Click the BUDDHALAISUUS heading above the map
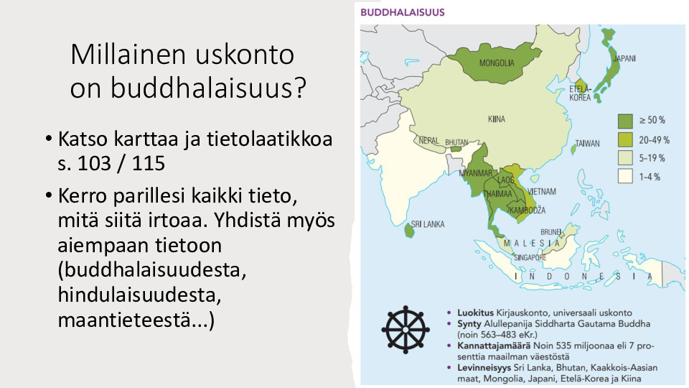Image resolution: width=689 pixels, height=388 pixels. coord(403,12)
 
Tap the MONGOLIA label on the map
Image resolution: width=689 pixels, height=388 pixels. coord(497,63)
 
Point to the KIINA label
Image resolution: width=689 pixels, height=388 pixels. coord(497,119)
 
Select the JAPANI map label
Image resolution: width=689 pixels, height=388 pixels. coord(624,58)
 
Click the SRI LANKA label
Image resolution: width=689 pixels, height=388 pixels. coord(428,224)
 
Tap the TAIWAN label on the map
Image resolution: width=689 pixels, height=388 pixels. coord(588,144)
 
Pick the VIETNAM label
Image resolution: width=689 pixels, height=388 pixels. coord(542,191)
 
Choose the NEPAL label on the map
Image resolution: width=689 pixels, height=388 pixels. coord(429,141)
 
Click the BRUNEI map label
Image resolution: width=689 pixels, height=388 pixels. coord(551,232)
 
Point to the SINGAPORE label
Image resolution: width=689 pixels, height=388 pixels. coord(530,257)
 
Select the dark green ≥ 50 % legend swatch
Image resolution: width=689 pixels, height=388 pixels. coord(625,121)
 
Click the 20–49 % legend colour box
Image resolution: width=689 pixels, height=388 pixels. coord(625,140)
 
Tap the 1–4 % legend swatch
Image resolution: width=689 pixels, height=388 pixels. coord(625,177)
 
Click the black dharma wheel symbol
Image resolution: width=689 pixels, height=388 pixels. coord(405,330)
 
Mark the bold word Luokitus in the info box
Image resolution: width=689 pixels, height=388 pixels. coord(475,313)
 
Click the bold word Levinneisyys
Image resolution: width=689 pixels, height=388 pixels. coord(484,368)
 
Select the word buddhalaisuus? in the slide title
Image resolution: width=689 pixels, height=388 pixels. coord(207,88)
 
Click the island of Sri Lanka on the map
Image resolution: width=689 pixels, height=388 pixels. coord(409,230)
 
